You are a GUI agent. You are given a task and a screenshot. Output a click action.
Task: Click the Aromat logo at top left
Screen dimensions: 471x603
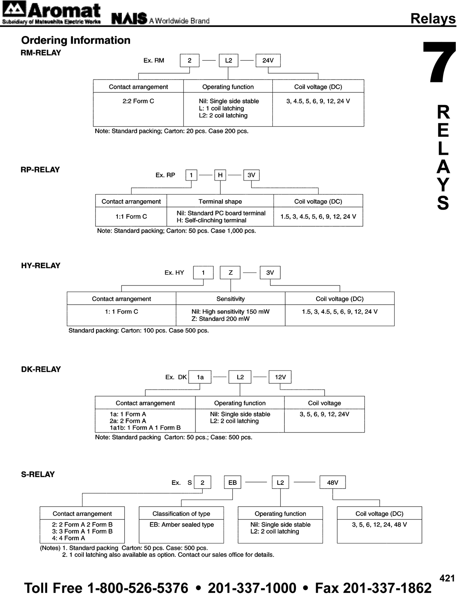point(51,13)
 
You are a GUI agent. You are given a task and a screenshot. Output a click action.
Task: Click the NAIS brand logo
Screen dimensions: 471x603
point(129,18)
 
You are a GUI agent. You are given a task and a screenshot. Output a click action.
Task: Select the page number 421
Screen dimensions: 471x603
point(447,578)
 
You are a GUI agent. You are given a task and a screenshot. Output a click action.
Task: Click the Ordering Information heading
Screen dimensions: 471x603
point(76,40)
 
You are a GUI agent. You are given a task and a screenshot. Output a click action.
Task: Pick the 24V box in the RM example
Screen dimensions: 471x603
point(268,60)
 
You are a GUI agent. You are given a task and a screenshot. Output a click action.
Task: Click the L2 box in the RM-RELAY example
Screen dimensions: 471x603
point(228,60)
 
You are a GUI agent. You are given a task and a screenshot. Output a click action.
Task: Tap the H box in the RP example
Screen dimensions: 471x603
point(220,175)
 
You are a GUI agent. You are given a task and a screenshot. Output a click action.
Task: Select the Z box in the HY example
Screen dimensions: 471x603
point(230,273)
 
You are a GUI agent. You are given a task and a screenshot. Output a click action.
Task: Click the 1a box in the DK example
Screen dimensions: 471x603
point(200,377)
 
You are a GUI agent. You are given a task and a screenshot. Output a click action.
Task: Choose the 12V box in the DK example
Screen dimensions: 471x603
point(280,377)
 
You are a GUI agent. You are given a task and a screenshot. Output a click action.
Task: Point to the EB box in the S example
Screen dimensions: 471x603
point(232,482)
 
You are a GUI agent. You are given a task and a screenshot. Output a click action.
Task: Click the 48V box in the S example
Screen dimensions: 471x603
point(333,482)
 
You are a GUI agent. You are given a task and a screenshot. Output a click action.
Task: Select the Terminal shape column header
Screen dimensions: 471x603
point(220,201)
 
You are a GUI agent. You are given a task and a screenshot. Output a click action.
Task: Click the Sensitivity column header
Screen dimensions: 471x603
point(230,299)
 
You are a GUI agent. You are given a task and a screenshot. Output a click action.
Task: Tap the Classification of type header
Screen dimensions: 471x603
point(181,514)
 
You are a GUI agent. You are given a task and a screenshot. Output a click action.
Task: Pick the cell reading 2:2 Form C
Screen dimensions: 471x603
point(138,101)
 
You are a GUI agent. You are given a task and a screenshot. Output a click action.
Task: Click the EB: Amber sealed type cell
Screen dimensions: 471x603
point(181,525)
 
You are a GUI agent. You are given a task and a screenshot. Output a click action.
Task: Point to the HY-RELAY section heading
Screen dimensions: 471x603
point(41,266)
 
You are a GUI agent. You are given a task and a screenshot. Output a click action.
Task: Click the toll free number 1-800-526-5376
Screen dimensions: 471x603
point(138,588)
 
